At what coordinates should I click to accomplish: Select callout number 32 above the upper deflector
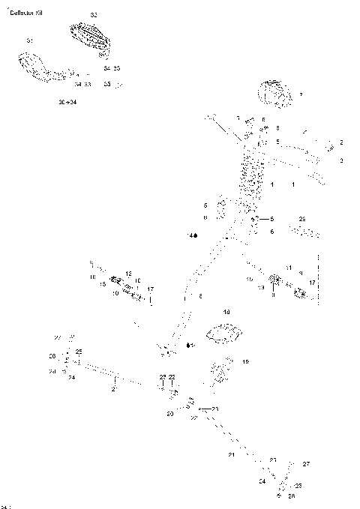click(94, 15)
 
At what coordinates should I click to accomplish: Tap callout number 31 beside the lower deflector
click(29, 40)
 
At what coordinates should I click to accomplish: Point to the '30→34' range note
click(67, 100)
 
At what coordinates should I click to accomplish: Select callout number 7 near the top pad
click(301, 94)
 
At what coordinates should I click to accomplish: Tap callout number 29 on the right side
click(302, 219)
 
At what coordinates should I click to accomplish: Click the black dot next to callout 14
click(196, 236)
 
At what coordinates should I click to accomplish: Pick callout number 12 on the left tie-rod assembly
click(128, 274)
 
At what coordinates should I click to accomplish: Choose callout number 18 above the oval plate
click(226, 311)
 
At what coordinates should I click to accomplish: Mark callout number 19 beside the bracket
click(245, 362)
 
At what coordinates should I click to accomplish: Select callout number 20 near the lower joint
click(169, 414)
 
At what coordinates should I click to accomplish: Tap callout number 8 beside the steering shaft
click(200, 298)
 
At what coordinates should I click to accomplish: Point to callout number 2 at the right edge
click(341, 142)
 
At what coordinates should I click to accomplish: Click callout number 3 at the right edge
click(341, 160)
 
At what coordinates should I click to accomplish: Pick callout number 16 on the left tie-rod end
click(92, 277)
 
